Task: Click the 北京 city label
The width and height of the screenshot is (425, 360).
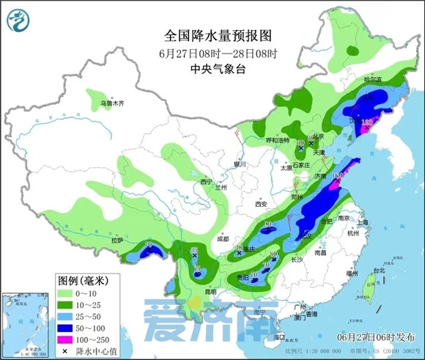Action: coord(316,136)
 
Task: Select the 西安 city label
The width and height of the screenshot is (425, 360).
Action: coord(261,204)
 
